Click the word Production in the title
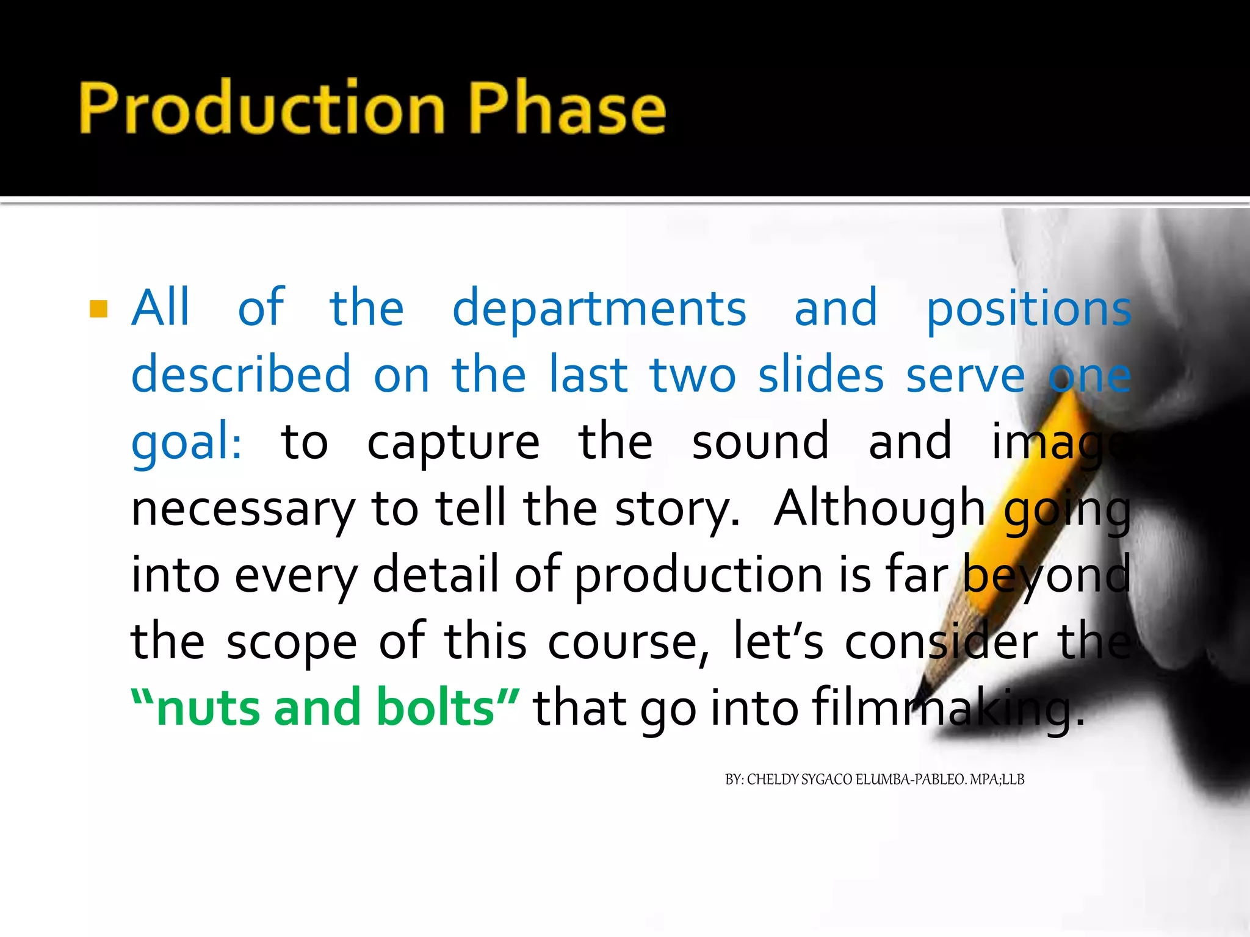click(262, 107)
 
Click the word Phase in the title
click(567, 107)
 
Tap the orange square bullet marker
click(98, 309)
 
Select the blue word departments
click(599, 309)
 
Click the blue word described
click(241, 375)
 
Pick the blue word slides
click(821, 375)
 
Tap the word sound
click(760, 442)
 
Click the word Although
click(879, 509)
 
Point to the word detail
click(436, 575)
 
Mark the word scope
click(292, 642)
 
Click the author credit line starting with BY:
click(874, 780)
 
